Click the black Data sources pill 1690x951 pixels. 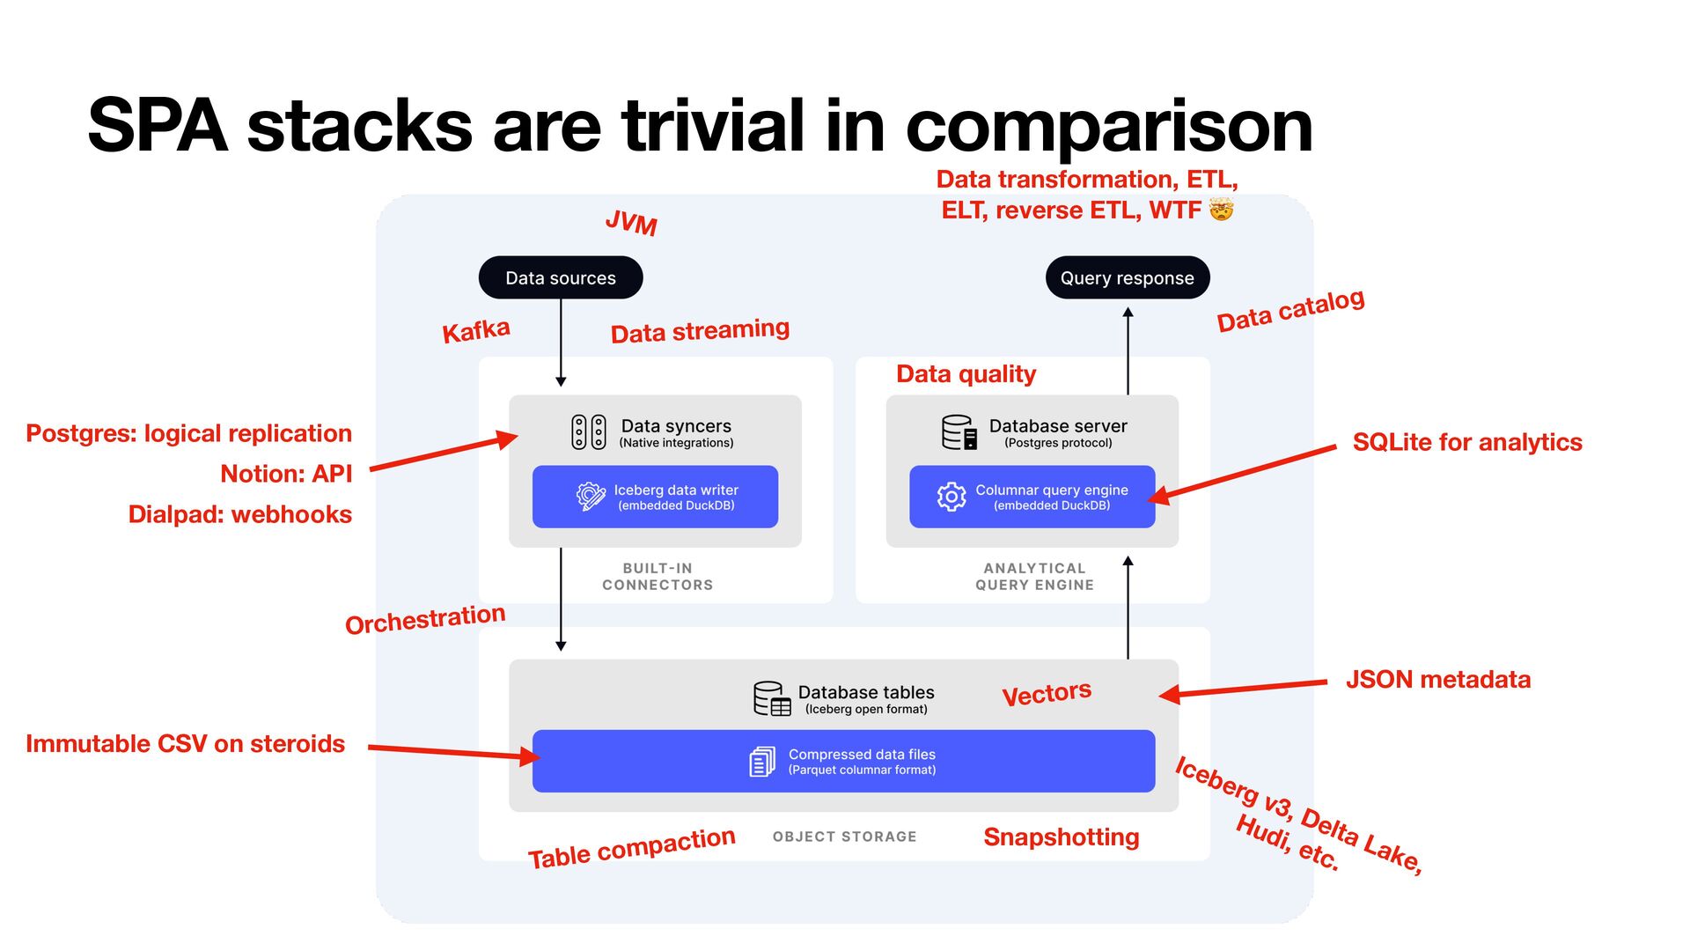click(561, 277)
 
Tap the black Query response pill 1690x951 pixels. click(1127, 277)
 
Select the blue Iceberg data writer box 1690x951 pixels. click(655, 497)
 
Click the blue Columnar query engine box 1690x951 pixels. click(1032, 497)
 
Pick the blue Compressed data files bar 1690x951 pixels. click(843, 761)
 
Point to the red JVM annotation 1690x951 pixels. click(631, 223)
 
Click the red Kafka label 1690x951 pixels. click(475, 331)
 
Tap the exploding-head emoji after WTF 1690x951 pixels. click(1221, 210)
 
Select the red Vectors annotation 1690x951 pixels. click(1047, 693)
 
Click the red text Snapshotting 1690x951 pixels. click(1061, 837)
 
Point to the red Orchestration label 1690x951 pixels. click(425, 619)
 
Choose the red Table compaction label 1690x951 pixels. click(631, 847)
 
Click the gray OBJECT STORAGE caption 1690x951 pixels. click(844, 837)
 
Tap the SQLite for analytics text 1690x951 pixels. click(1467, 442)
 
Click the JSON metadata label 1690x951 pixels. click(1438, 680)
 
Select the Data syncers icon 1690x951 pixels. click(589, 432)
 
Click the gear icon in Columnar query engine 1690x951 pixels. click(952, 497)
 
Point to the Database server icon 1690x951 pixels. click(959, 432)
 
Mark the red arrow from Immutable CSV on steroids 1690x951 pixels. click(453, 752)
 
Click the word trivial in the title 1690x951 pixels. click(713, 126)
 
